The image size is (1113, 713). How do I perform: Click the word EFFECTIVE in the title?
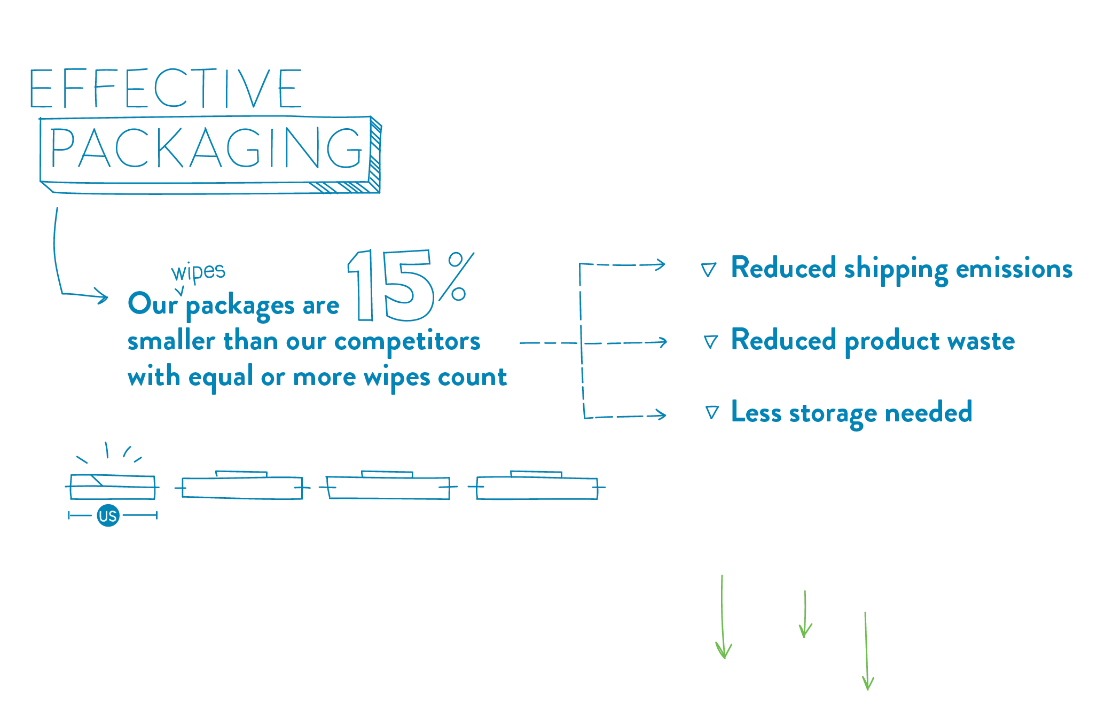166,89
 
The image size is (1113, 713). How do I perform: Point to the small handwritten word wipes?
198,271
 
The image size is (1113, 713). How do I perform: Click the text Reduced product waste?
873,341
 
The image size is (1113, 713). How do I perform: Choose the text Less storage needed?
851,412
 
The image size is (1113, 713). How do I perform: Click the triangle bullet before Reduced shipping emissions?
708,269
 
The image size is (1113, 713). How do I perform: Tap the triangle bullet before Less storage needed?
711,412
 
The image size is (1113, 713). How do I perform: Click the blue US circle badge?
108,516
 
